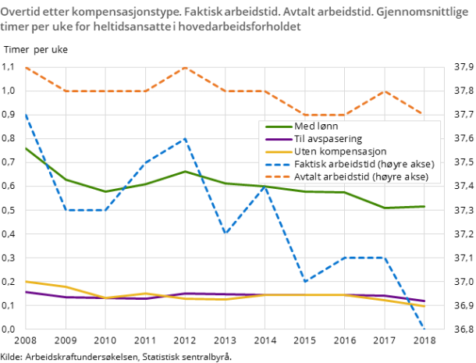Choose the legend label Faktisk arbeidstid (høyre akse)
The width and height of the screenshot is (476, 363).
click(x=364, y=164)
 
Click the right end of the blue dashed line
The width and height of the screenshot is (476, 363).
click(x=424, y=329)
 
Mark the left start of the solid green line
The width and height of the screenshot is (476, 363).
click(x=26, y=148)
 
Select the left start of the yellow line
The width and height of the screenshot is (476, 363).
click(x=26, y=281)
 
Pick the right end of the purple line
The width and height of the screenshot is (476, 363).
click(x=424, y=301)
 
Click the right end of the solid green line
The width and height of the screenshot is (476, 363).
click(x=424, y=206)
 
